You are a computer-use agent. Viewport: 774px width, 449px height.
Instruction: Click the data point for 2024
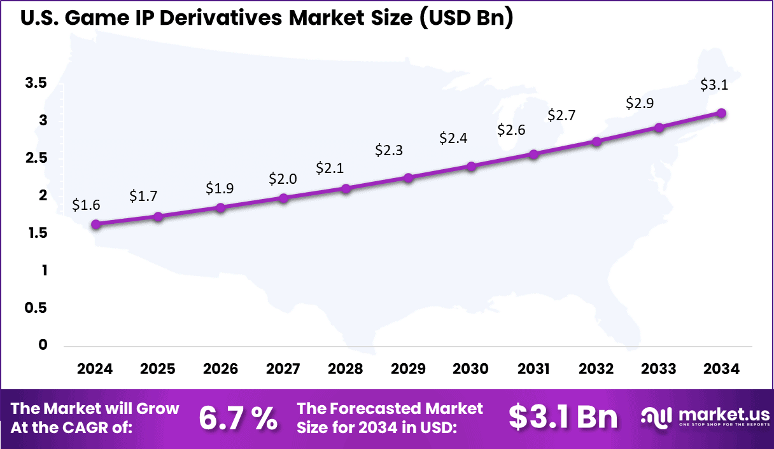tap(95, 224)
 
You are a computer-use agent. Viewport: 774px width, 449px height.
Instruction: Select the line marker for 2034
tap(721, 113)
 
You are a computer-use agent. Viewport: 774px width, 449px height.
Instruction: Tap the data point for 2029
tap(409, 178)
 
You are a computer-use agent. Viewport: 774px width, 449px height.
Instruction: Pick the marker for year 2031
tap(533, 155)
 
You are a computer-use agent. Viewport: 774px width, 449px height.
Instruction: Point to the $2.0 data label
tap(282, 179)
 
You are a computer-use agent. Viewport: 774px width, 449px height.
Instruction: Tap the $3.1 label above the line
tap(714, 85)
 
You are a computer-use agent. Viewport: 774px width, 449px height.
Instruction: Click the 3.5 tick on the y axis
tap(36, 83)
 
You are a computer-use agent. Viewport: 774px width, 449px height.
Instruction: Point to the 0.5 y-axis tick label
tap(36, 308)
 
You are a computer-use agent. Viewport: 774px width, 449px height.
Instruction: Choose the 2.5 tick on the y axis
tap(36, 158)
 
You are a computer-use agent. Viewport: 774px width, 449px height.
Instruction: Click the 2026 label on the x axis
tap(220, 370)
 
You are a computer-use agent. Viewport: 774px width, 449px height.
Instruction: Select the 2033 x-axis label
tap(659, 370)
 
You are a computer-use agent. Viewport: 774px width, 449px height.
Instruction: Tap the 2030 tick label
tap(470, 370)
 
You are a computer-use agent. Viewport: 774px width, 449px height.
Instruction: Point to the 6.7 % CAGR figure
tap(237, 418)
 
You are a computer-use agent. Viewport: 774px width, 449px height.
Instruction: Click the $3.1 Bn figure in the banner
tap(563, 417)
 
